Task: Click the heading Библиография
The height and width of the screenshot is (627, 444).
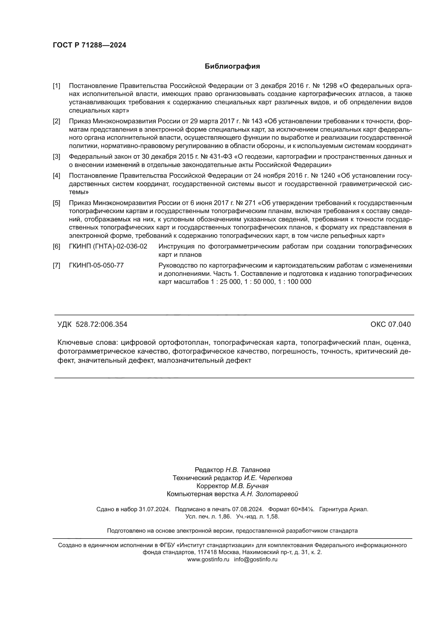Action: click(x=232, y=66)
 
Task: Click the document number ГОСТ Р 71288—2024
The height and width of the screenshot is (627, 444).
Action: click(x=89, y=45)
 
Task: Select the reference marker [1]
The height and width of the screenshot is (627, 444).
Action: click(x=56, y=86)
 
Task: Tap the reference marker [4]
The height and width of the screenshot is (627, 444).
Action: click(x=56, y=176)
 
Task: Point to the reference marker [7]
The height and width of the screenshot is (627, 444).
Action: click(x=56, y=265)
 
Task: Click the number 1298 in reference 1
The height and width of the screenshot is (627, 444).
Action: click(x=329, y=86)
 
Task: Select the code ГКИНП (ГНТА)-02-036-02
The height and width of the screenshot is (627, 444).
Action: click(x=108, y=247)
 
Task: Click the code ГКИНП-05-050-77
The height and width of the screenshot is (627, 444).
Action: click(x=96, y=265)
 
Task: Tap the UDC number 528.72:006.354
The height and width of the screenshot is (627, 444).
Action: click(x=101, y=324)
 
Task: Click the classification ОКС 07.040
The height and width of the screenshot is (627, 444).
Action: click(x=390, y=324)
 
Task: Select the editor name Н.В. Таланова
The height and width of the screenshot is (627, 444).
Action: click(x=248, y=470)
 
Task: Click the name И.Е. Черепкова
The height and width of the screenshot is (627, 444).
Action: click(x=268, y=478)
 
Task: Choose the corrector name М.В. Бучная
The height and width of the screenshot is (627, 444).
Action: click(x=250, y=486)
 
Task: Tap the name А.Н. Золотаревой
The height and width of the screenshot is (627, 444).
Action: click(x=269, y=494)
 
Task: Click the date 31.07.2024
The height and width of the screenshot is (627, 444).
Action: click(x=154, y=509)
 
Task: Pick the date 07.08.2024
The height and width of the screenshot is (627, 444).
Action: click(x=248, y=509)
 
